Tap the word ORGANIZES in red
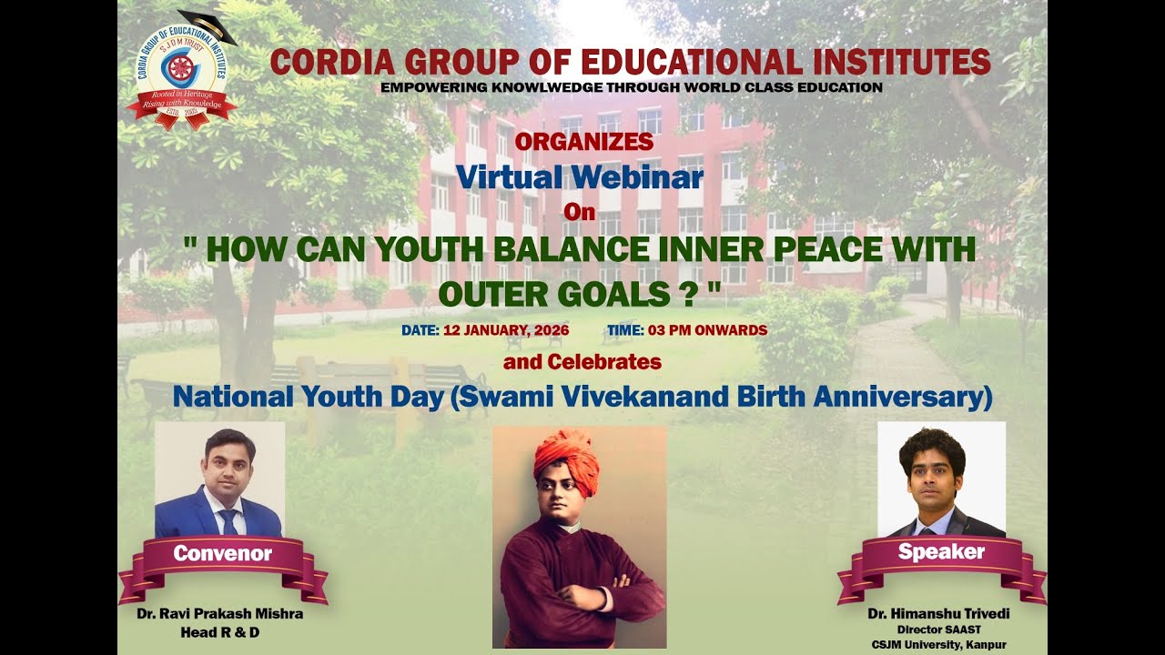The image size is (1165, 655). click(583, 142)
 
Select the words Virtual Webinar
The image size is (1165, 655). click(580, 176)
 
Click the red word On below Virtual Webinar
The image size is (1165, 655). click(580, 213)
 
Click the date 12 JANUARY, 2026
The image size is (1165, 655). click(506, 330)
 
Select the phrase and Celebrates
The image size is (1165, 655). click(582, 362)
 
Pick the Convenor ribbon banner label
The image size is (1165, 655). click(223, 553)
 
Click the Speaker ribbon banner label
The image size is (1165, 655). click(941, 551)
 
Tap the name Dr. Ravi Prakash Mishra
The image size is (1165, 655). click(220, 614)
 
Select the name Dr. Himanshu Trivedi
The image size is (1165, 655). click(939, 614)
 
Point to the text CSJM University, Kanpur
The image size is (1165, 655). click(939, 644)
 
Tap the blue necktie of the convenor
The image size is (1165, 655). click(228, 521)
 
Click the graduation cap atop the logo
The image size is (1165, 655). click(208, 25)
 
